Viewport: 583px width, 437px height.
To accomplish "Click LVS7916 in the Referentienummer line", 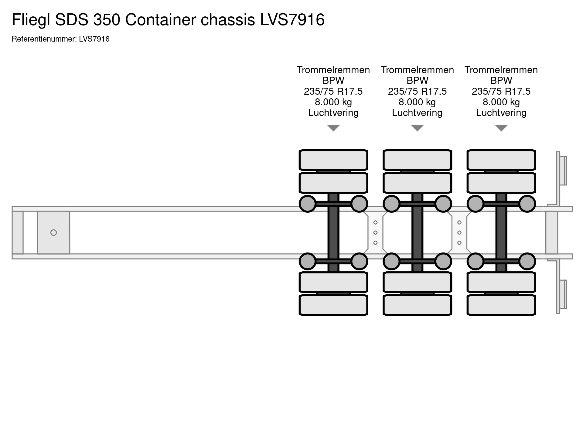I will coord(94,39).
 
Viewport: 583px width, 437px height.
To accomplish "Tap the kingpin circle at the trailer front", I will coord(53,233).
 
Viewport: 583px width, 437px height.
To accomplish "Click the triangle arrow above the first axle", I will coord(333,128).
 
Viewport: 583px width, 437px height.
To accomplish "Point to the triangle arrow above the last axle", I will coord(501,128).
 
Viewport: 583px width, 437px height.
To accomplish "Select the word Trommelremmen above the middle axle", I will coord(417,70).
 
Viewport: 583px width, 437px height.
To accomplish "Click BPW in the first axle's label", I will coord(333,81).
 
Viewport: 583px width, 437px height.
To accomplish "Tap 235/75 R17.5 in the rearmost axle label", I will coord(501,91).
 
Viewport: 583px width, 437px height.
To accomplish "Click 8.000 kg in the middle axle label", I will coord(417,102).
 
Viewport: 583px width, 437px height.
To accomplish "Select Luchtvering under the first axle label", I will coord(333,113).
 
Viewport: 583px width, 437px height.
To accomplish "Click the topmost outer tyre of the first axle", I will coord(333,160).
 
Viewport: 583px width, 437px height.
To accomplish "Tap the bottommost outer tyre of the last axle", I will coord(501,305).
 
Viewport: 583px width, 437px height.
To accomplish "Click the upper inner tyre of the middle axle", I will coord(417,183).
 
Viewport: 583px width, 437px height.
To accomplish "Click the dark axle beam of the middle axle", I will coord(417,233).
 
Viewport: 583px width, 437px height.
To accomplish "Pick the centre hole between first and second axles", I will coord(375,233).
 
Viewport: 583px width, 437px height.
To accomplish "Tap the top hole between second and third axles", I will coord(459,222).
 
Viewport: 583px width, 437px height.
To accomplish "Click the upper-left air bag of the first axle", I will coord(308,204).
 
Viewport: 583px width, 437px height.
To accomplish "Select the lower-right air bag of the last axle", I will coord(527,261).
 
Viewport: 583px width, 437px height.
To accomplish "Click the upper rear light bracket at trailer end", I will coord(563,171).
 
